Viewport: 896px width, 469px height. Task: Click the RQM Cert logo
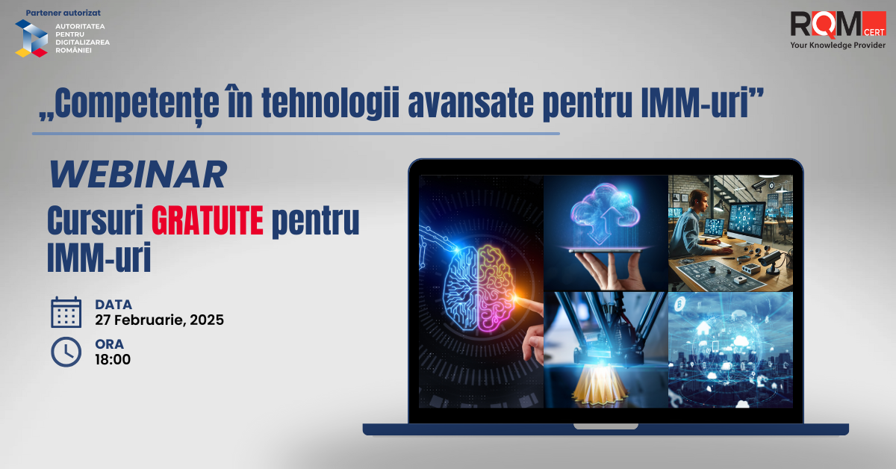[838, 25]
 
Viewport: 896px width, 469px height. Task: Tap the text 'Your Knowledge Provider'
[838, 46]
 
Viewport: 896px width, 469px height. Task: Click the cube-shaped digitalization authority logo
[31, 38]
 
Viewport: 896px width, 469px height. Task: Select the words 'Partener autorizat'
[63, 13]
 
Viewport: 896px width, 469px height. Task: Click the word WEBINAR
[137, 174]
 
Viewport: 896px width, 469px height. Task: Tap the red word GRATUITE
[208, 220]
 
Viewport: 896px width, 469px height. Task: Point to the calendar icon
[66, 312]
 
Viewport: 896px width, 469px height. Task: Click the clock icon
[66, 352]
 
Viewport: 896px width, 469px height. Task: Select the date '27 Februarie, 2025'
[159, 320]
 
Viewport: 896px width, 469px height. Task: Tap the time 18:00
[113, 359]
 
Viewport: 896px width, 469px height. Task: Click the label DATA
[113, 305]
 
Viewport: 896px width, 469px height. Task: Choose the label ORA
[110, 344]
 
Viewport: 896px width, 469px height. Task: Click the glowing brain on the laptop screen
[479, 288]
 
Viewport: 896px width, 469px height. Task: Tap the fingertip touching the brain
[517, 298]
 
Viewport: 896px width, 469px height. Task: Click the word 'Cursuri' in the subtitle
[96, 220]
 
